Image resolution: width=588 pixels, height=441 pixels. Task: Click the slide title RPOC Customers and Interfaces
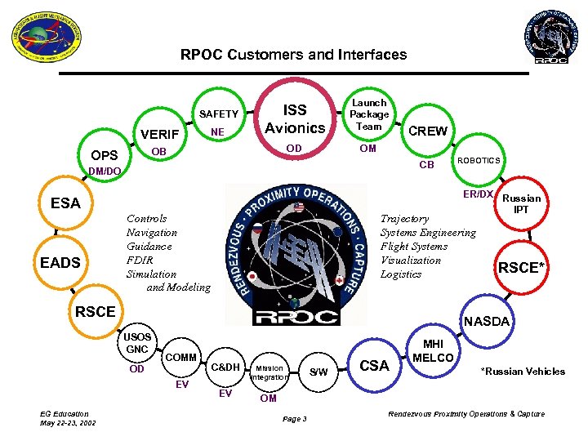293,55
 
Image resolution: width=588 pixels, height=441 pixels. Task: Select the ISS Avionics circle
295,118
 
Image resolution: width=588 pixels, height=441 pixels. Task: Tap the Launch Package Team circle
368,115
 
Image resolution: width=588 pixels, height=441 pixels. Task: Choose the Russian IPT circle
520,203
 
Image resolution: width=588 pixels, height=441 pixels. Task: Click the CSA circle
374,365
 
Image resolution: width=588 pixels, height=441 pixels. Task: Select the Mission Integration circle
268,372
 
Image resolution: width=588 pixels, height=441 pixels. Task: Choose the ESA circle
65,203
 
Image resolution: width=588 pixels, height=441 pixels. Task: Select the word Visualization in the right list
411,261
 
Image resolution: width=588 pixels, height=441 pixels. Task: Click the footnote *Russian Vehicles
523,372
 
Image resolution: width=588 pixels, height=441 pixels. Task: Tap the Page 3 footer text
293,419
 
